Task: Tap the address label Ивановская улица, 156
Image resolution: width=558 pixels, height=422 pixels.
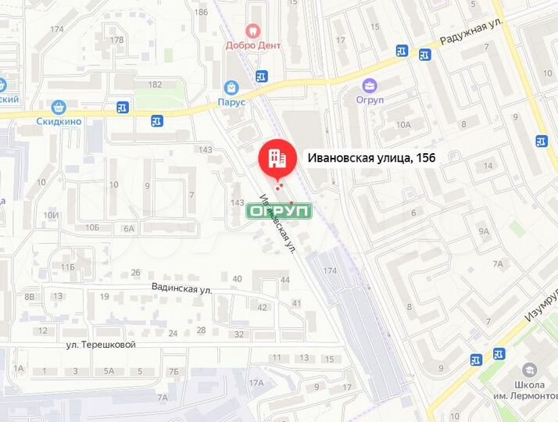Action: point(372,158)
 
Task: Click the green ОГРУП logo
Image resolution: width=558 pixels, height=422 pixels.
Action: point(280,211)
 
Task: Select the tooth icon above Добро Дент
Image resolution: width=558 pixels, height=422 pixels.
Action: point(252,30)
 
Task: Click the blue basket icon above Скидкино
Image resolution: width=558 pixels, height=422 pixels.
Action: point(58,107)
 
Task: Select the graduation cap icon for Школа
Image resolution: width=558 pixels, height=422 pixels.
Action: point(531,370)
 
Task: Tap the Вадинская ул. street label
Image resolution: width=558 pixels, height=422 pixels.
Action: point(183,288)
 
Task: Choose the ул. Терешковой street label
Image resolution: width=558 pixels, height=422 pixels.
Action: point(102,344)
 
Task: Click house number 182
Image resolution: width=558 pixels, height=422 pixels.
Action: point(155,84)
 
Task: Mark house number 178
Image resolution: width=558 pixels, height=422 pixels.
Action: point(117,40)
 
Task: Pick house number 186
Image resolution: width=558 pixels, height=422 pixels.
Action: point(202,12)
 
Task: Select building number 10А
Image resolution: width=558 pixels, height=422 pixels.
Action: point(403,124)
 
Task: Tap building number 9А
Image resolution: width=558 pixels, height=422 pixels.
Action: point(485,231)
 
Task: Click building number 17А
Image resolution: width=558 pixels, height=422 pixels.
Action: point(256,383)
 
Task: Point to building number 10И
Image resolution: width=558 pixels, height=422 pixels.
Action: point(51,215)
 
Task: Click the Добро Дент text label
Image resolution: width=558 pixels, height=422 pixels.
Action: point(252,45)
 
